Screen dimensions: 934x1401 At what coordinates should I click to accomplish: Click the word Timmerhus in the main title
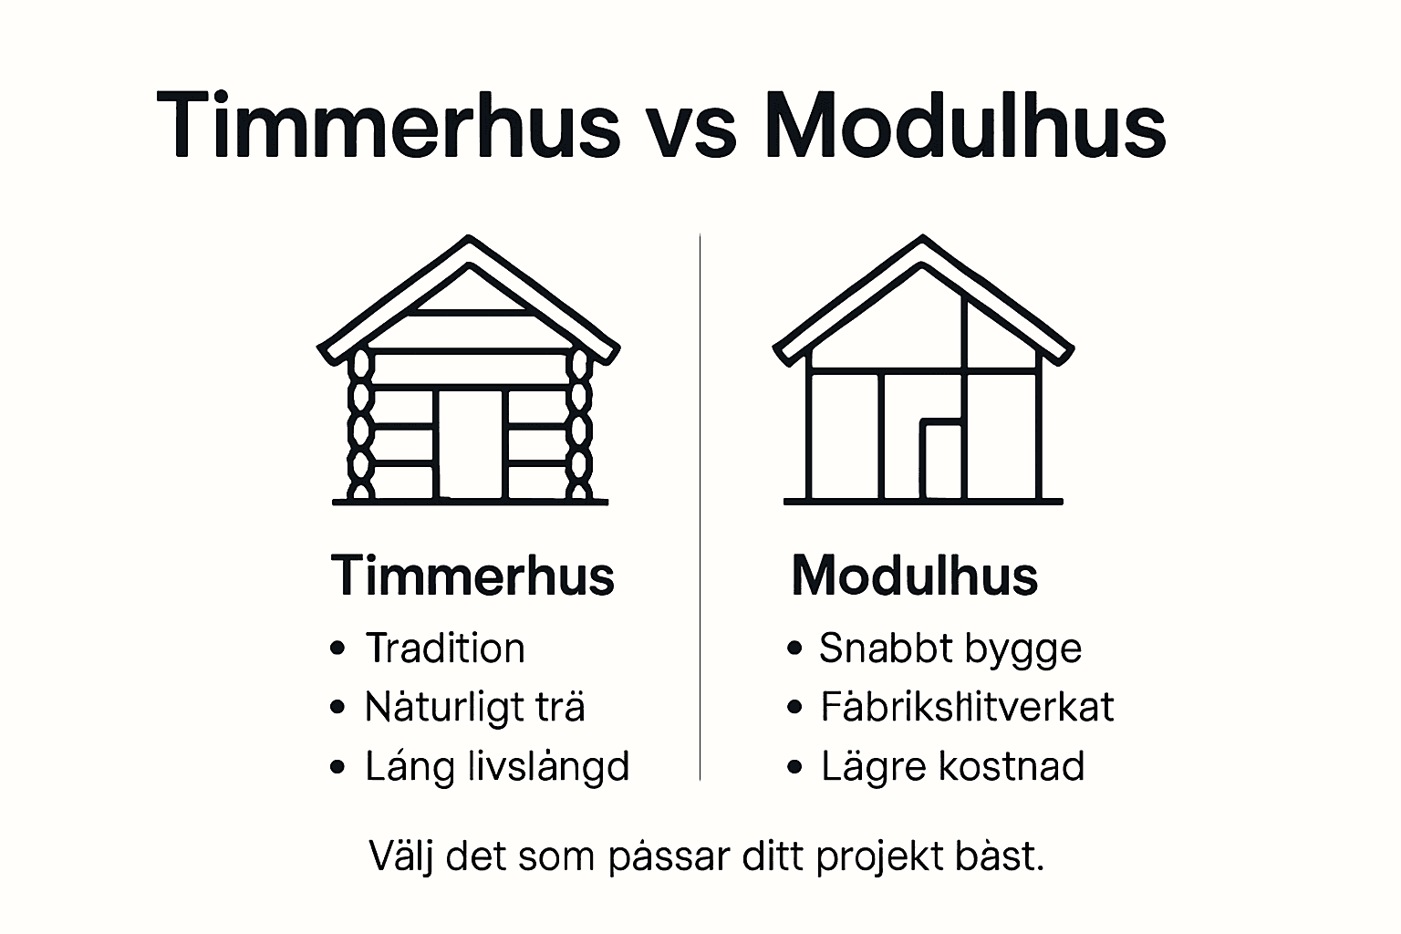click(389, 126)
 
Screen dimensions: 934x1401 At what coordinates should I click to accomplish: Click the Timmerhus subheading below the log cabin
click(472, 576)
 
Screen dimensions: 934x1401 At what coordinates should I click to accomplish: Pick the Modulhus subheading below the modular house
click(914, 576)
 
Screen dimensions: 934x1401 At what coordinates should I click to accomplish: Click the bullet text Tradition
click(445, 649)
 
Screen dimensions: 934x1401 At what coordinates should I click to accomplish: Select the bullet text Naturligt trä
click(474, 708)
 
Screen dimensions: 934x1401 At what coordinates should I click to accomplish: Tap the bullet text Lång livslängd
click(497, 766)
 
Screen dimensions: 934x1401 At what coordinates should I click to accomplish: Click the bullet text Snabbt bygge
click(950, 649)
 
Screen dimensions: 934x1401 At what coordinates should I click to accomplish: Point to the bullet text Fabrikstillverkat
click(967, 708)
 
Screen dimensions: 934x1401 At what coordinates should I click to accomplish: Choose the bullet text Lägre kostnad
click(952, 766)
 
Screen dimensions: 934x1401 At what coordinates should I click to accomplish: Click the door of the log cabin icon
click(470, 444)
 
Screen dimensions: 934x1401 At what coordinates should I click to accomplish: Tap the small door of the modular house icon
click(940, 461)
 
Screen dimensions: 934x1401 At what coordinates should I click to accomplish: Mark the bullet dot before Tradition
click(338, 649)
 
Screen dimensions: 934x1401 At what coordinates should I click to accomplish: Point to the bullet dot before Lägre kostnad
click(794, 767)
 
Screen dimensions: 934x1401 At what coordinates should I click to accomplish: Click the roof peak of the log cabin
click(469, 242)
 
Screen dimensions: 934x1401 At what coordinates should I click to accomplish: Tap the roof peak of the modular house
click(923, 242)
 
